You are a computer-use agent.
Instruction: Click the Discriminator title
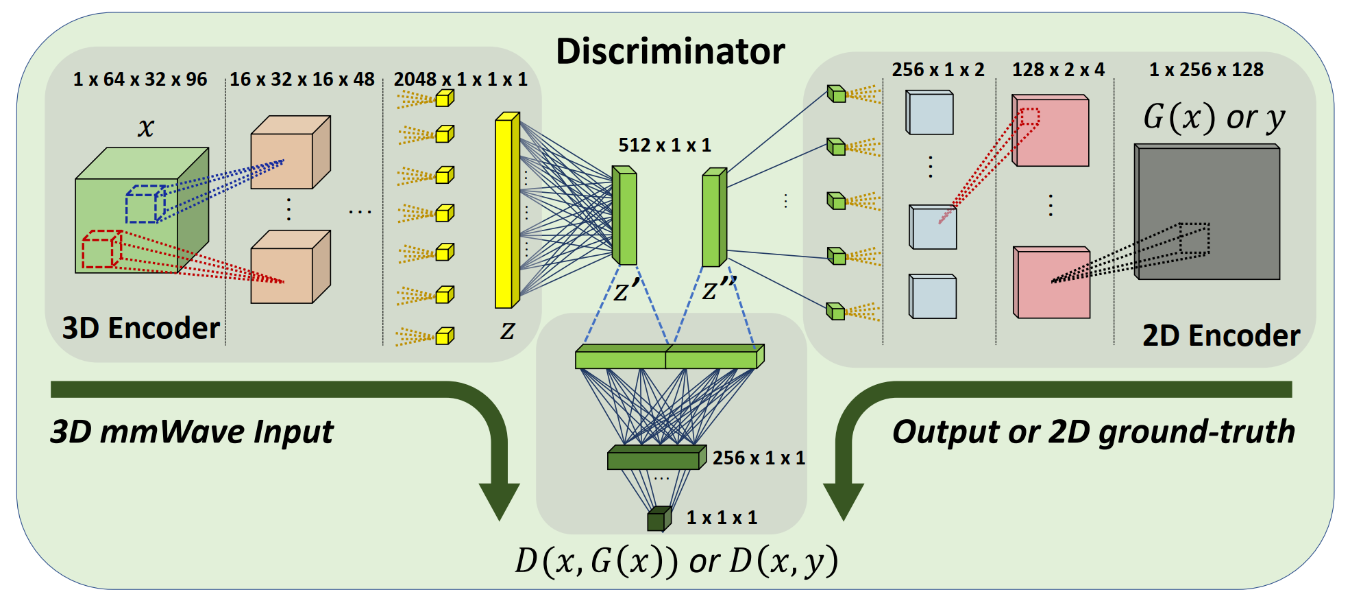[x=670, y=51]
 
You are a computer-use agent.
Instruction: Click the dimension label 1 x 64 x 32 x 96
[x=140, y=80]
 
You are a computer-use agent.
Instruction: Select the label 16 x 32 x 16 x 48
[x=302, y=80]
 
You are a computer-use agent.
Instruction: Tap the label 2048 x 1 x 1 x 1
[x=461, y=80]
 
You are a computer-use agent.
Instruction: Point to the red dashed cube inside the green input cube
[x=101, y=250]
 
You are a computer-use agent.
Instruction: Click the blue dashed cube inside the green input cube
[x=145, y=204]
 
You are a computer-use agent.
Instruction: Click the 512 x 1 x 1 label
[x=665, y=145]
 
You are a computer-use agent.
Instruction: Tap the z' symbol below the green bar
[x=626, y=290]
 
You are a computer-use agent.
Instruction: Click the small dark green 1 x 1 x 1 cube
[x=659, y=519]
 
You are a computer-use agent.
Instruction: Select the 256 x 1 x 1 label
[x=759, y=458]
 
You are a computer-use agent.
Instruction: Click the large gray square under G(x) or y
[x=1208, y=212]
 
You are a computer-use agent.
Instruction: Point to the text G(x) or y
[x=1214, y=117]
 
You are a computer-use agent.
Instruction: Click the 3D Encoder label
[x=140, y=328]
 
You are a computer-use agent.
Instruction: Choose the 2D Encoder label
[x=1221, y=335]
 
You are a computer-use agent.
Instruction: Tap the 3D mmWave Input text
[x=192, y=432]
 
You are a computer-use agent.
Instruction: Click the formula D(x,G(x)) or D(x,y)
[x=676, y=561]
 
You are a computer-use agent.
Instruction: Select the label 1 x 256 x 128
[x=1206, y=70]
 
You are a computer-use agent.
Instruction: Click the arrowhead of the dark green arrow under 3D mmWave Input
[x=499, y=501]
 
